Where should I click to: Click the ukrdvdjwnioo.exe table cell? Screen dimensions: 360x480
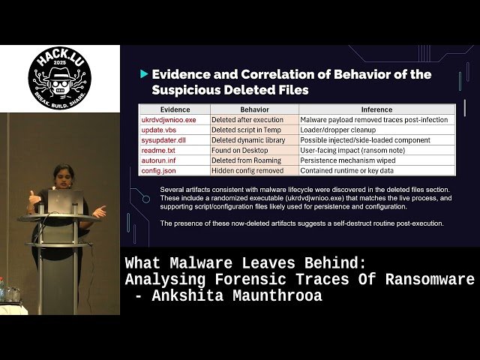coord(169,119)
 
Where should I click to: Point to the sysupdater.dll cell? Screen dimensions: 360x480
coord(164,139)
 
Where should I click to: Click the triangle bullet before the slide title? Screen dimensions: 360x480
coord(144,75)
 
